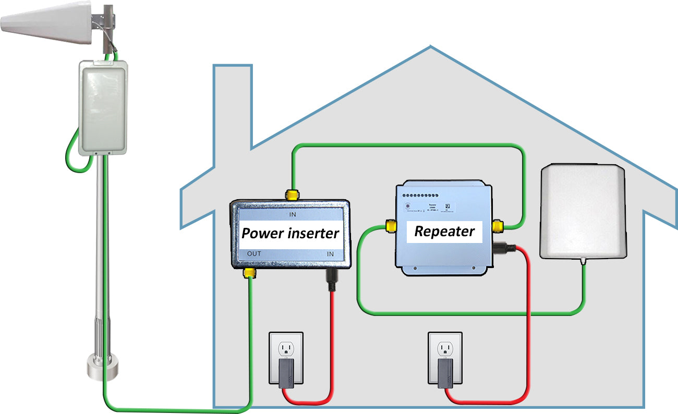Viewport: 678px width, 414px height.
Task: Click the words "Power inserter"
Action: point(290,233)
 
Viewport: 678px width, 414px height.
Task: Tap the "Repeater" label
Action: point(444,232)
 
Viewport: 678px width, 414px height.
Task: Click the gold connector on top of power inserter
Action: point(292,195)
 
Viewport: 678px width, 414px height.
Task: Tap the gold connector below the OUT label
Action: point(250,273)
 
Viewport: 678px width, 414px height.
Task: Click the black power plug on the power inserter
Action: point(330,280)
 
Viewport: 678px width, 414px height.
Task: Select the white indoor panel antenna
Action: point(582,211)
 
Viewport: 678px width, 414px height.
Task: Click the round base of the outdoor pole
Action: point(102,367)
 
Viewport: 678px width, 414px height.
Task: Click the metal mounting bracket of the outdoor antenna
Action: point(104,21)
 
